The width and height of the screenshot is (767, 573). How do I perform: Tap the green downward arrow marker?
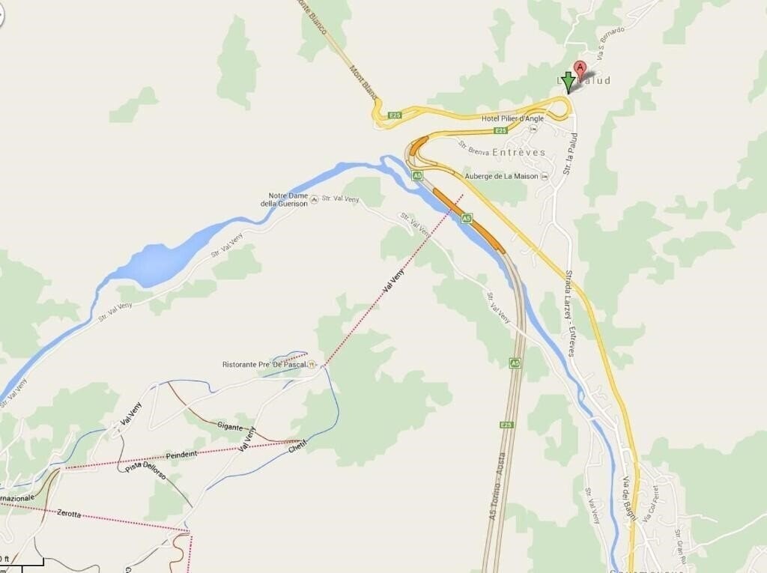(569, 82)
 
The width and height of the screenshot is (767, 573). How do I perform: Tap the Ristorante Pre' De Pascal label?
(265, 364)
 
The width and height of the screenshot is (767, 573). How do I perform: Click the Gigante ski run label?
(230, 427)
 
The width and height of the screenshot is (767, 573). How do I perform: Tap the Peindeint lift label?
(182, 455)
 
